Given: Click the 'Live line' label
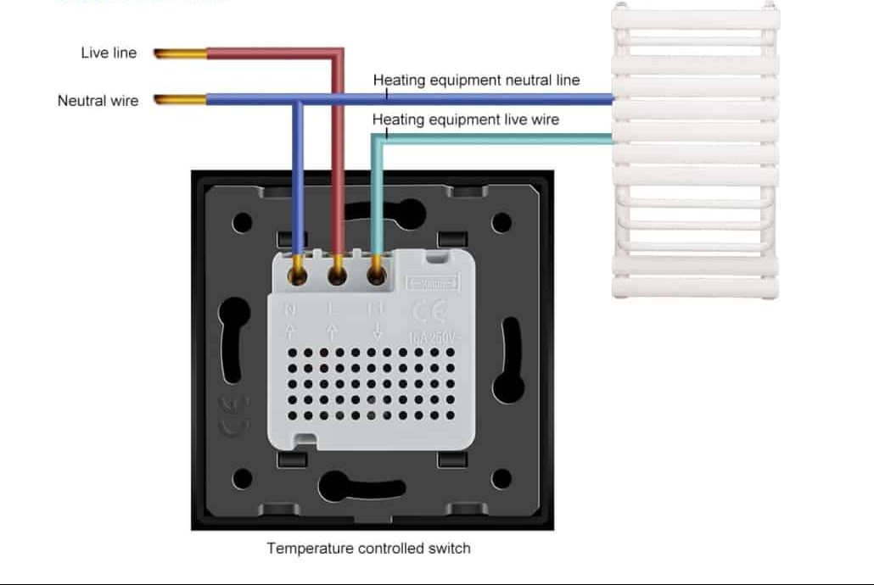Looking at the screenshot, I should (x=109, y=53).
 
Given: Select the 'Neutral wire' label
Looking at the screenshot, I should (x=98, y=101).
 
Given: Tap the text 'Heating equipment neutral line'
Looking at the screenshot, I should (x=476, y=81).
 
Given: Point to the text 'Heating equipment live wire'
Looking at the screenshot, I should (x=466, y=120).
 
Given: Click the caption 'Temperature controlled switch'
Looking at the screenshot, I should (x=368, y=549).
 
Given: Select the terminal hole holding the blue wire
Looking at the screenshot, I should (x=299, y=274).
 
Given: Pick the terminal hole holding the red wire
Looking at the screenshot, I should (x=337, y=274).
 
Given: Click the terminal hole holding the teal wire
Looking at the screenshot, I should (x=376, y=274).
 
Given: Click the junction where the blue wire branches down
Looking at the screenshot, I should (x=298, y=101).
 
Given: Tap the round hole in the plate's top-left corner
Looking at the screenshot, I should (x=242, y=223).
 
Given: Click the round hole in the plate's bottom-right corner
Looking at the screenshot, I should (x=501, y=480).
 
